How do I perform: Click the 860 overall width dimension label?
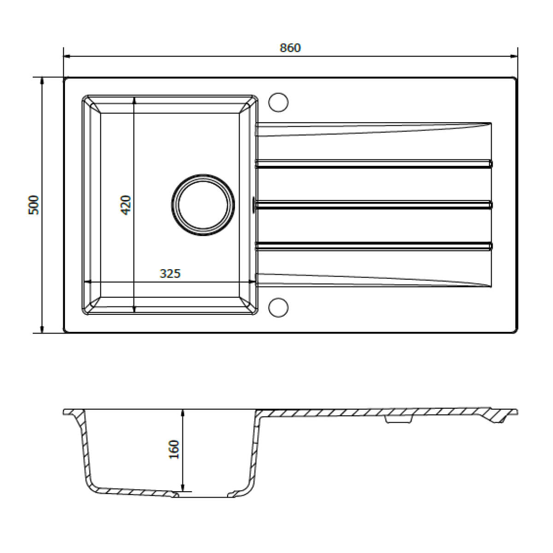point(290,48)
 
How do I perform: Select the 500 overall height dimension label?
point(35,205)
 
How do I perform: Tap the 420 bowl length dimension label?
point(126,205)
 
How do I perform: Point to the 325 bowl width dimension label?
point(170,274)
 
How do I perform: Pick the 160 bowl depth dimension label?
point(174,449)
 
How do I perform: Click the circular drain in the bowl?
point(203,205)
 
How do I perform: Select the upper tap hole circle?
point(278,102)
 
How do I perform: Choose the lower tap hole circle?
point(278,307)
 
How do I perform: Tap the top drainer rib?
point(373,164)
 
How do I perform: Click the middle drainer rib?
point(373,204)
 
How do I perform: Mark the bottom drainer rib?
point(373,246)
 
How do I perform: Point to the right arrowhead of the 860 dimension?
point(513,57)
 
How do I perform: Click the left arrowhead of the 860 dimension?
point(67,57)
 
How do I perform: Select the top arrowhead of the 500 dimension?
point(42,81)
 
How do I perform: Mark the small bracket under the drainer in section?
point(398,420)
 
